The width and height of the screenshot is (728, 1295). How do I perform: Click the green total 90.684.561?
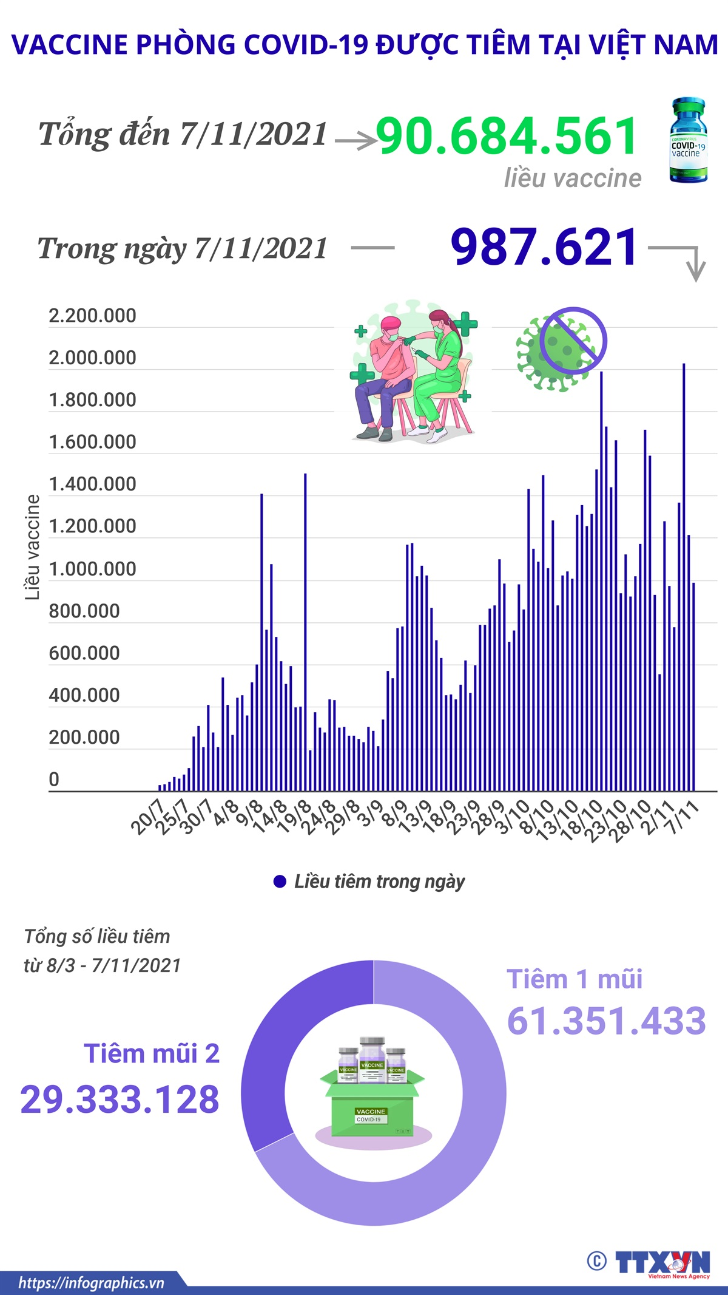pos(507,136)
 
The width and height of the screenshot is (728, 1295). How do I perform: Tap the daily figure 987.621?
pos(544,247)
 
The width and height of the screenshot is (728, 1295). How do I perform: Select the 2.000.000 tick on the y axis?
pos(92,358)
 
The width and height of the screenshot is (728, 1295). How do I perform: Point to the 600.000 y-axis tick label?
pos(84,653)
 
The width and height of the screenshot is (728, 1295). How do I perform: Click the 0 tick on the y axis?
pos(54,780)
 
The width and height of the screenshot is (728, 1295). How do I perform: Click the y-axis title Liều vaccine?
pos(32,547)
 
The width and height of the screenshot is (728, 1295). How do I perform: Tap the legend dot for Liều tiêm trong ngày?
pos(280,882)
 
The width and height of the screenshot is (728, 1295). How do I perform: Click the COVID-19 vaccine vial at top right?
pos(688,141)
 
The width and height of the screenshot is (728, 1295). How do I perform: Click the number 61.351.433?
pos(606,1021)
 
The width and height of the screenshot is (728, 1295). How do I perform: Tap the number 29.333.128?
pos(120,1100)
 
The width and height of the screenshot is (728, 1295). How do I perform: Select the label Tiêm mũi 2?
pos(152,1053)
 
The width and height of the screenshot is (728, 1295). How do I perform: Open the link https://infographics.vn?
pos(91,1282)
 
